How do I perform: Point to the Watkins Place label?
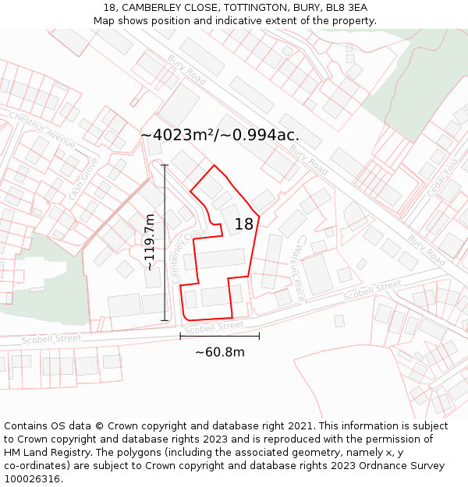tap(297, 270)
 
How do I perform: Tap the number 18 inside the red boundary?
tap(244, 224)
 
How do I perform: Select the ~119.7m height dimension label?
tap(149, 242)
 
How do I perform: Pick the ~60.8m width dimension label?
tap(220, 352)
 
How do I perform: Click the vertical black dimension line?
tap(165, 242)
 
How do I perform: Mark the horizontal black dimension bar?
tap(220, 336)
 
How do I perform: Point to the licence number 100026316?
tap(32, 479)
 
